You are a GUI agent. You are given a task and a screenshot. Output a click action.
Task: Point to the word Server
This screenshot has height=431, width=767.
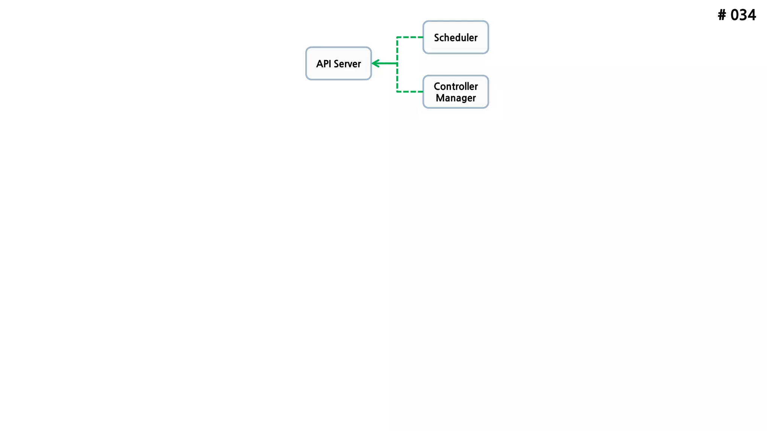347,64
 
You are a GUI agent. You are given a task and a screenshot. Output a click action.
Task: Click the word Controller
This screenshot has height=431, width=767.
456,86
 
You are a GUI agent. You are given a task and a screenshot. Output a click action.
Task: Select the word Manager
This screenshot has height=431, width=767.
456,98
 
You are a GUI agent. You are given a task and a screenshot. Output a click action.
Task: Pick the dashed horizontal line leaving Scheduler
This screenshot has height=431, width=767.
410,37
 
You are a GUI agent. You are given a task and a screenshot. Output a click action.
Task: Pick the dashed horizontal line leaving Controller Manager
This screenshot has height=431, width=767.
410,92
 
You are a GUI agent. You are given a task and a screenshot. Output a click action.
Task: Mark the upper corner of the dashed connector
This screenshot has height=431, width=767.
397,37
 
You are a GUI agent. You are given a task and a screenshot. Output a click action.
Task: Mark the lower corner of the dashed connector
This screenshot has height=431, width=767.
397,92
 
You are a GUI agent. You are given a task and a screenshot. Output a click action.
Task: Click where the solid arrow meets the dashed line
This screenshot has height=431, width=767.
397,64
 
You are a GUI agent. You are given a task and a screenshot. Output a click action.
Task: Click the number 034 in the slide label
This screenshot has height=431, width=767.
743,15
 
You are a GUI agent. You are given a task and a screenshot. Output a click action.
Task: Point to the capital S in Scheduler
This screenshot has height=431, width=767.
437,38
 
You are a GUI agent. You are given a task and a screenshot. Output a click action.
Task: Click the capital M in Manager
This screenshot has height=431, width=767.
440,98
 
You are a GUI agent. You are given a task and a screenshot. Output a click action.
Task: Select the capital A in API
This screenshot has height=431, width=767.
319,64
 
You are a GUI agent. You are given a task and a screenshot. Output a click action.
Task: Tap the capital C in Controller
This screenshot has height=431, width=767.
437,86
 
